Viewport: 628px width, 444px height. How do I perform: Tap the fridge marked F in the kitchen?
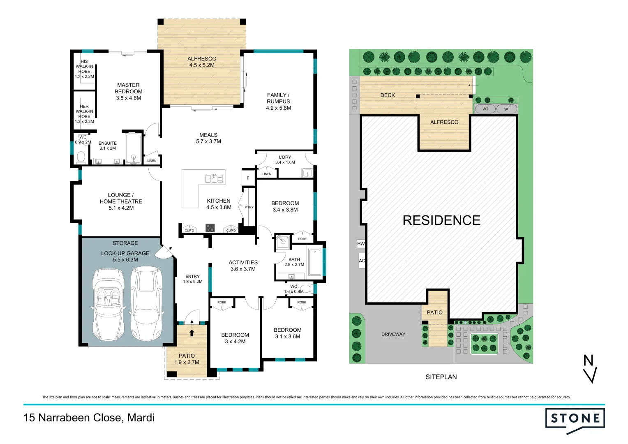pyautogui.click(x=248, y=178)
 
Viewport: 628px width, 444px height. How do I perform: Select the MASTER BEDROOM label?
pyautogui.click(x=128, y=91)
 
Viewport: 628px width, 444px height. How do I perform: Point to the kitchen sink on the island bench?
pyautogui.click(x=214, y=179)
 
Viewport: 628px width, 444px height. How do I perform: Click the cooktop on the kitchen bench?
pyautogui.click(x=210, y=228)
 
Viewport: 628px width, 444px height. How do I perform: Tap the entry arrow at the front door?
pyautogui.click(x=192, y=332)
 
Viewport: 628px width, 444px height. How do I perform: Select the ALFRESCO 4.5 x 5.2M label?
pyautogui.click(x=202, y=62)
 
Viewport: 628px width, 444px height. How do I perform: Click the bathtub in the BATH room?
pyautogui.click(x=314, y=262)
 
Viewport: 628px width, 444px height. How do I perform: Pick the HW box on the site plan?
pyautogui.click(x=361, y=244)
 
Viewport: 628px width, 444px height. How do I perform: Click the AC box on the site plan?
pyautogui.click(x=362, y=261)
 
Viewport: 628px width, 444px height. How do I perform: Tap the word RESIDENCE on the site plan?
pyautogui.click(x=441, y=220)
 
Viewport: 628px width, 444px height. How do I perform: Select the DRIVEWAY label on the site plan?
pyautogui.click(x=393, y=334)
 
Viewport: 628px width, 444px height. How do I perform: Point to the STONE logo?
pyautogui.click(x=575, y=419)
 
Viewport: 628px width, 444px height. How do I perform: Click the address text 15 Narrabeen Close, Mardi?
pyautogui.click(x=89, y=418)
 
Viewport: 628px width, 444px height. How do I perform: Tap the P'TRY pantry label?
pyautogui.click(x=249, y=207)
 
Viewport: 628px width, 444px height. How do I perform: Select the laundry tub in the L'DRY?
pyautogui.click(x=307, y=173)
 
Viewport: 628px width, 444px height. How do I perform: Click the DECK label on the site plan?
pyautogui.click(x=387, y=95)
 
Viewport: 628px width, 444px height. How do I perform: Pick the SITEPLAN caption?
pyautogui.click(x=441, y=377)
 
